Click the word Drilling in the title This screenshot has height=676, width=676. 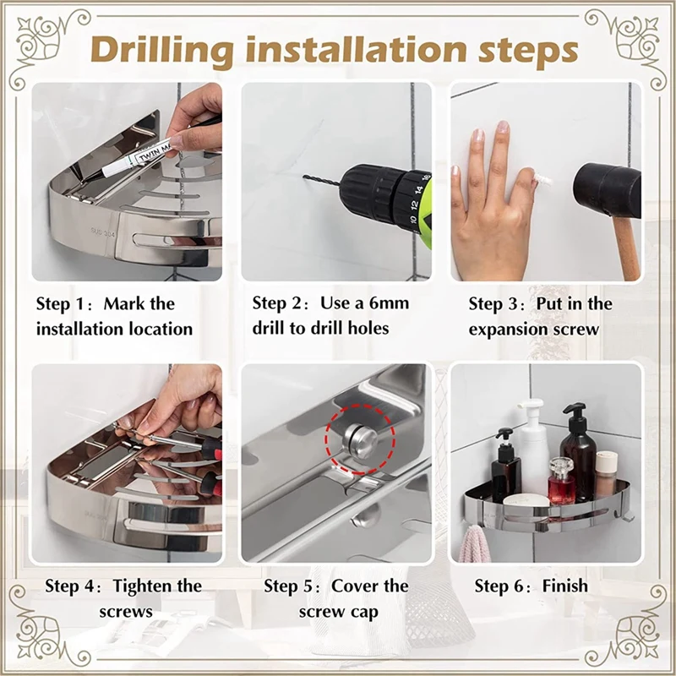[162, 52]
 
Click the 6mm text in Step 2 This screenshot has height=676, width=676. [389, 303]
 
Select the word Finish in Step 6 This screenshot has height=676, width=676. [564, 586]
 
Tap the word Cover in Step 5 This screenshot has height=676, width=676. [352, 586]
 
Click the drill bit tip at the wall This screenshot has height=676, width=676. [304, 176]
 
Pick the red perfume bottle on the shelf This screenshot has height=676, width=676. [561, 481]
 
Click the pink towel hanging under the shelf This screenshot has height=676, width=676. [474, 544]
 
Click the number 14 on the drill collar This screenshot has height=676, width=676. [418, 189]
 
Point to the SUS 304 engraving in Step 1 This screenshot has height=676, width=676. [102, 232]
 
